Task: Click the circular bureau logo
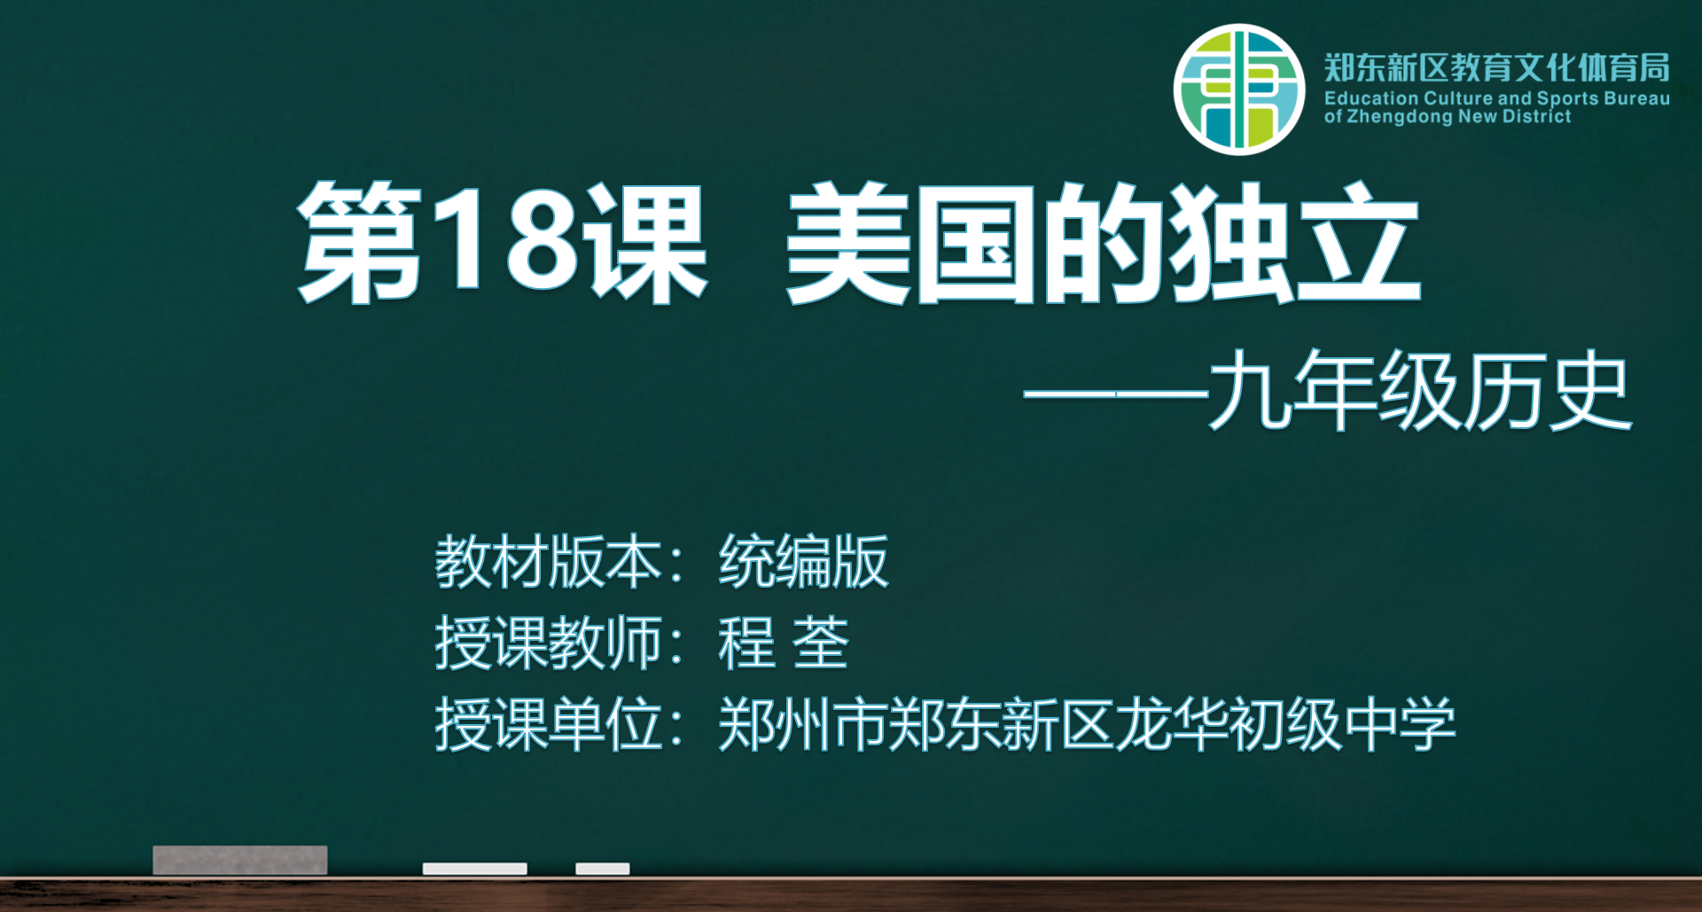point(1239,90)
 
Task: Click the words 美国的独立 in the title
point(1103,243)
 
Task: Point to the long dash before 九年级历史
point(1116,394)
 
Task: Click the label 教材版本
point(547,561)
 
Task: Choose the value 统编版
point(803,561)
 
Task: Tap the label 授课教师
point(547,643)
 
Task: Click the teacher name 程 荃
point(784,643)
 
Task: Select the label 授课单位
point(547,724)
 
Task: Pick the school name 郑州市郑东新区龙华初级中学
point(1087,724)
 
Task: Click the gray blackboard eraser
point(240,860)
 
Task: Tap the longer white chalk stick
point(475,869)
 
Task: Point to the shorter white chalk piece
point(603,869)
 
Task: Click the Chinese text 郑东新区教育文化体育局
point(1497,67)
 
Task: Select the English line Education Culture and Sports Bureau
point(1497,98)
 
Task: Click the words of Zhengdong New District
point(1448,116)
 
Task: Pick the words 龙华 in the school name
point(1172,724)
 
